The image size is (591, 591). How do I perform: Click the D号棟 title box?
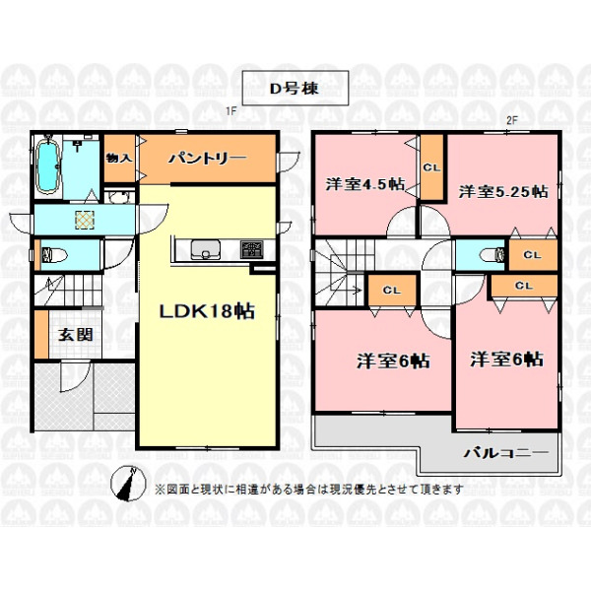295,88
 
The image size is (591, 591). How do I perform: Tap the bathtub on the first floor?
48,165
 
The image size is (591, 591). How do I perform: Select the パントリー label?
207,159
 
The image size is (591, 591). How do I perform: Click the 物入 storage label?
119,159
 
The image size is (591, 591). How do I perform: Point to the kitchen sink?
206,249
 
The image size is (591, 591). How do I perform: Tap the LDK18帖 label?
207,311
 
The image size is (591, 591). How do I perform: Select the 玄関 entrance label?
76,334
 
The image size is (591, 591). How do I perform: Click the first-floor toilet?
53,255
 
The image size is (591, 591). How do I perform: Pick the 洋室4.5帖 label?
365,184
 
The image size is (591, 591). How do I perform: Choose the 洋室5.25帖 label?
503,192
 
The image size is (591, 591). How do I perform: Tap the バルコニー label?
506,452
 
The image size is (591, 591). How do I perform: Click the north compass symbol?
128,484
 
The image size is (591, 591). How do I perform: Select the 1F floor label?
230,111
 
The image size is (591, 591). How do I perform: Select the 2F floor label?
512,120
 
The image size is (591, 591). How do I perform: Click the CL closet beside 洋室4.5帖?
432,167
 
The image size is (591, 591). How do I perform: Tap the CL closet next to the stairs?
392,291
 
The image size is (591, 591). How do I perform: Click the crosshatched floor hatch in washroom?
85,220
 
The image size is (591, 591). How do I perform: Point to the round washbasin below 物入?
119,196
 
